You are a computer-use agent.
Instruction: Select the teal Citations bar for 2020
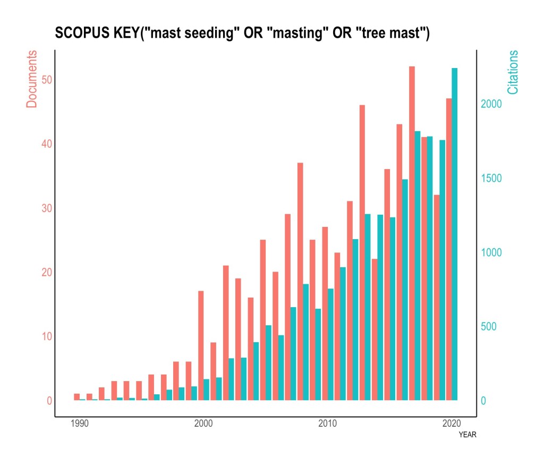tap(455, 234)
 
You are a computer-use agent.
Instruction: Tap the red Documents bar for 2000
tap(201, 345)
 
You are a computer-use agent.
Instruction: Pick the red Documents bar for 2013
tap(362, 252)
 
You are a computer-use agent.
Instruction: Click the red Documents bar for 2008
tap(300, 281)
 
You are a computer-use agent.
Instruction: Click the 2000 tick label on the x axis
tap(203, 424)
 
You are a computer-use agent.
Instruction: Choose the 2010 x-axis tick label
tap(328, 424)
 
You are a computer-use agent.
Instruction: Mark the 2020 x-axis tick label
tap(452, 424)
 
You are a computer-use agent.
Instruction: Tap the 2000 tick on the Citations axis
tap(492, 104)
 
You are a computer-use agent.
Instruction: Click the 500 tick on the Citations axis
tap(489, 326)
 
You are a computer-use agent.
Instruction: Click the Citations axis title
tap(513, 72)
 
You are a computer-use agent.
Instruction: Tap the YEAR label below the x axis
tap(467, 435)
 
